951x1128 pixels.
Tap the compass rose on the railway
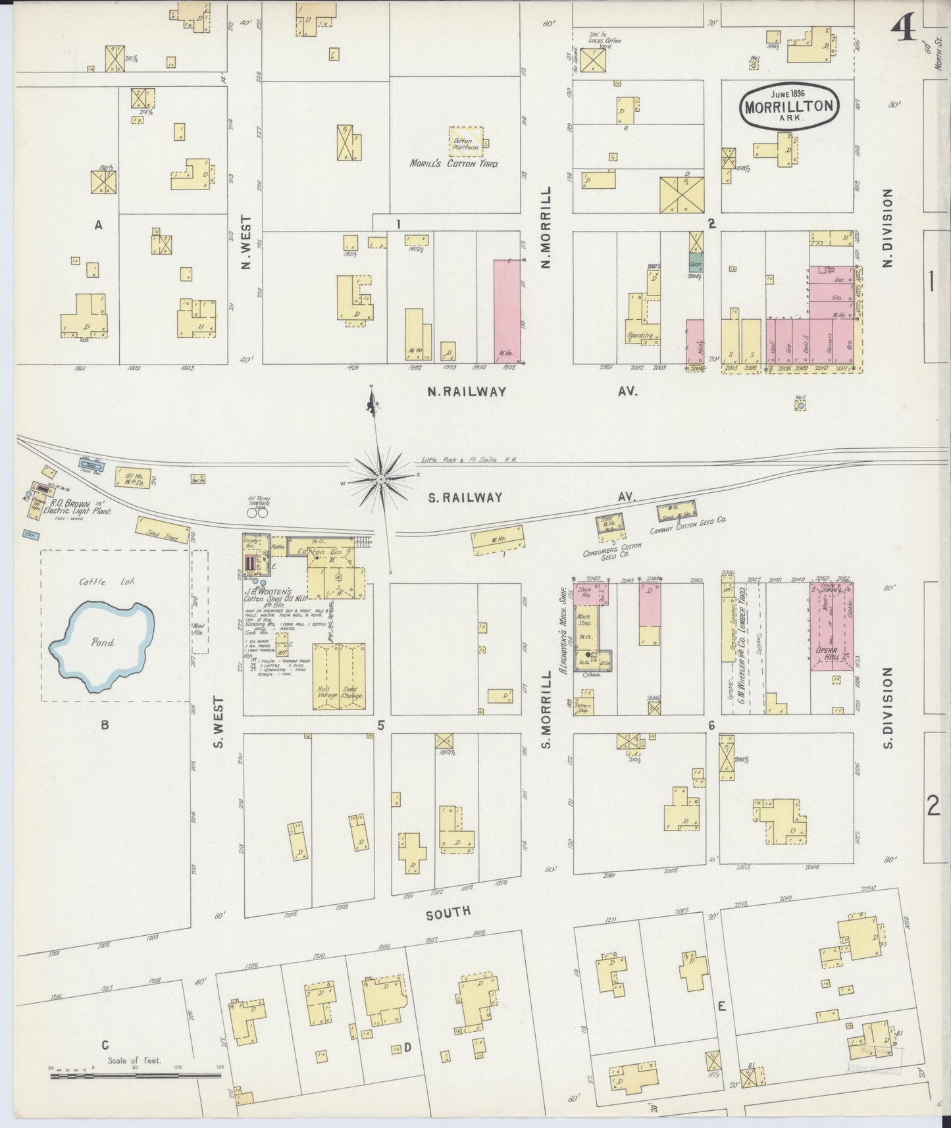tap(380, 480)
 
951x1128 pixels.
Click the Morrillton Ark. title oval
tap(790, 105)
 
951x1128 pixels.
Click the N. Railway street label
tap(467, 392)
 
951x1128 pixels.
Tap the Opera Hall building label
tap(828, 653)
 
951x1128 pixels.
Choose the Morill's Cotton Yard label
tap(453, 163)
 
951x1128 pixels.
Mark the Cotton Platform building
tap(466, 141)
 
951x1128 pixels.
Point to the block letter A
tap(99, 226)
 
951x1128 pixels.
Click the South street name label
tap(448, 912)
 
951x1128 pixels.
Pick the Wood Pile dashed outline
tap(199, 602)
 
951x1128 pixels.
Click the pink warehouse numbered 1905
tap(507, 311)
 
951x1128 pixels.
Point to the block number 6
tap(711, 726)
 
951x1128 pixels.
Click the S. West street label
tap(219, 723)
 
